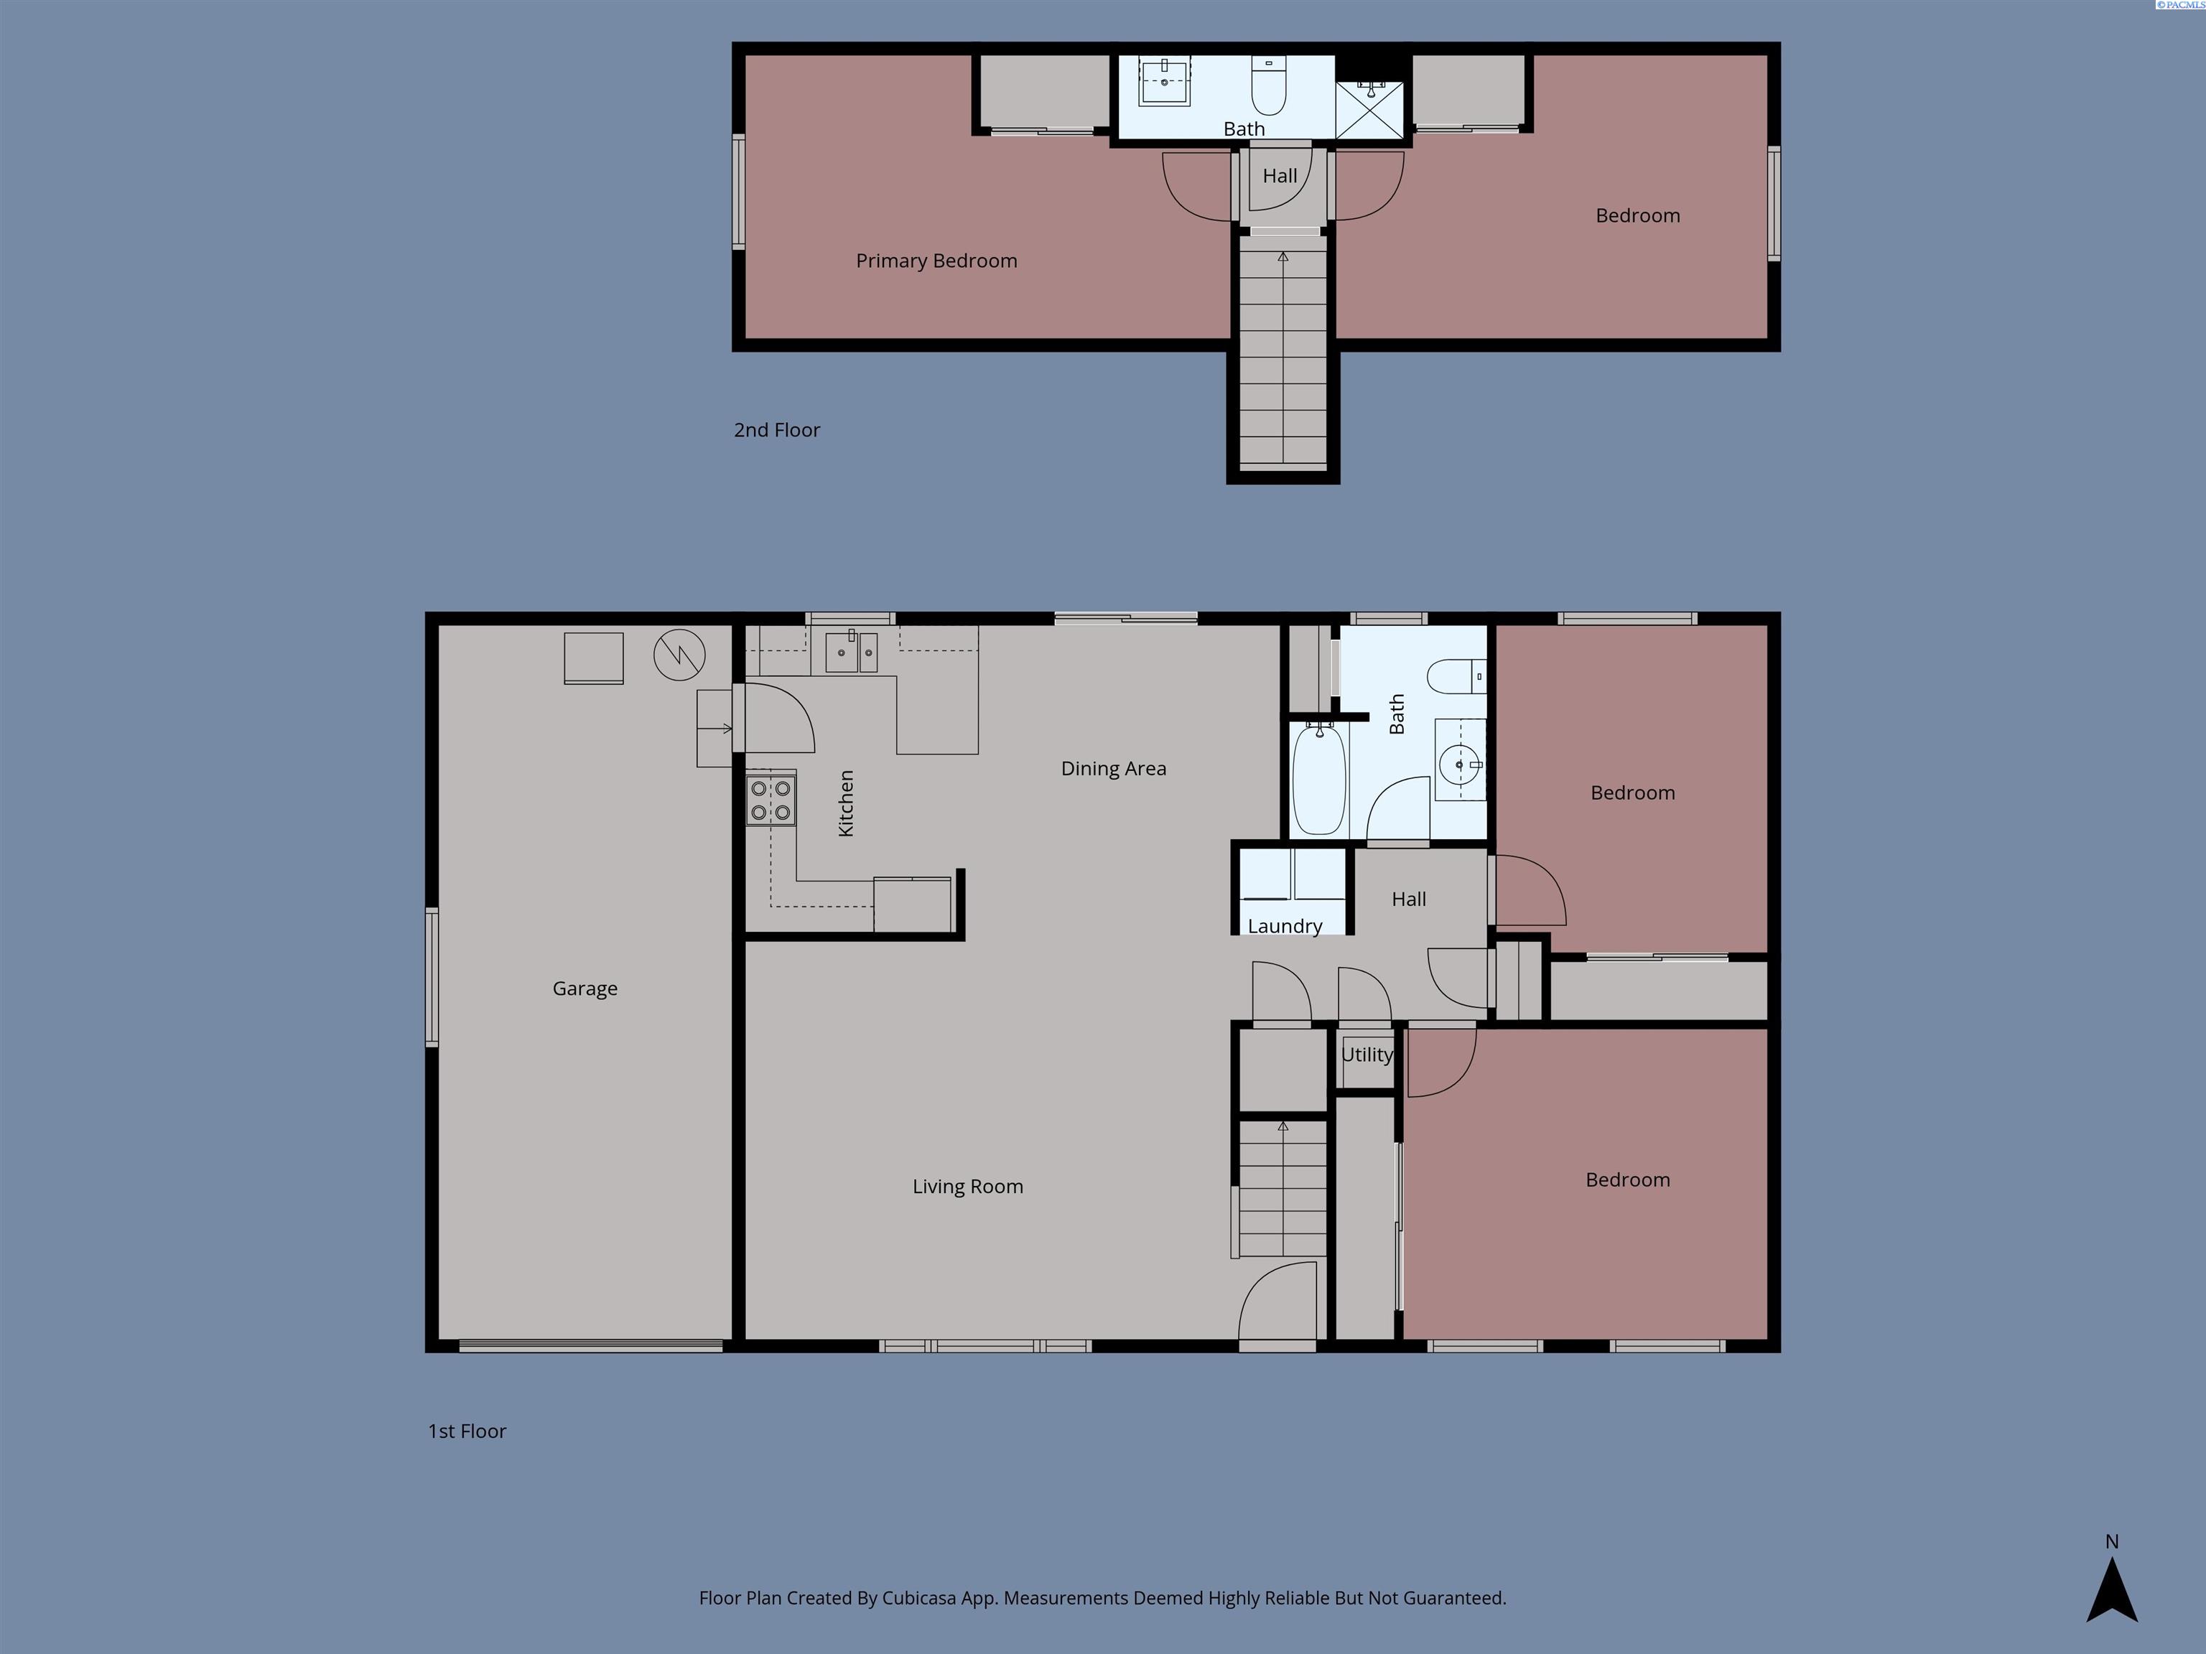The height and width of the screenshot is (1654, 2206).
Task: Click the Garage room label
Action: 585,988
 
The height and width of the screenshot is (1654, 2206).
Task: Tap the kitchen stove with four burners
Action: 772,800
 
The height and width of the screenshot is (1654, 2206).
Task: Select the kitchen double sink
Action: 851,653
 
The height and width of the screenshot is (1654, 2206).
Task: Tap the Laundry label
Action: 1285,926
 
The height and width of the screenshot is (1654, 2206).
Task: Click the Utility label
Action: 1367,1055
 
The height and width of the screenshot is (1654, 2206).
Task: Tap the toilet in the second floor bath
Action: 1269,88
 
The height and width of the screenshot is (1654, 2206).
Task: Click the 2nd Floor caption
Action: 777,431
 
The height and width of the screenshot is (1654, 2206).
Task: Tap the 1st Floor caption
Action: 467,1431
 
